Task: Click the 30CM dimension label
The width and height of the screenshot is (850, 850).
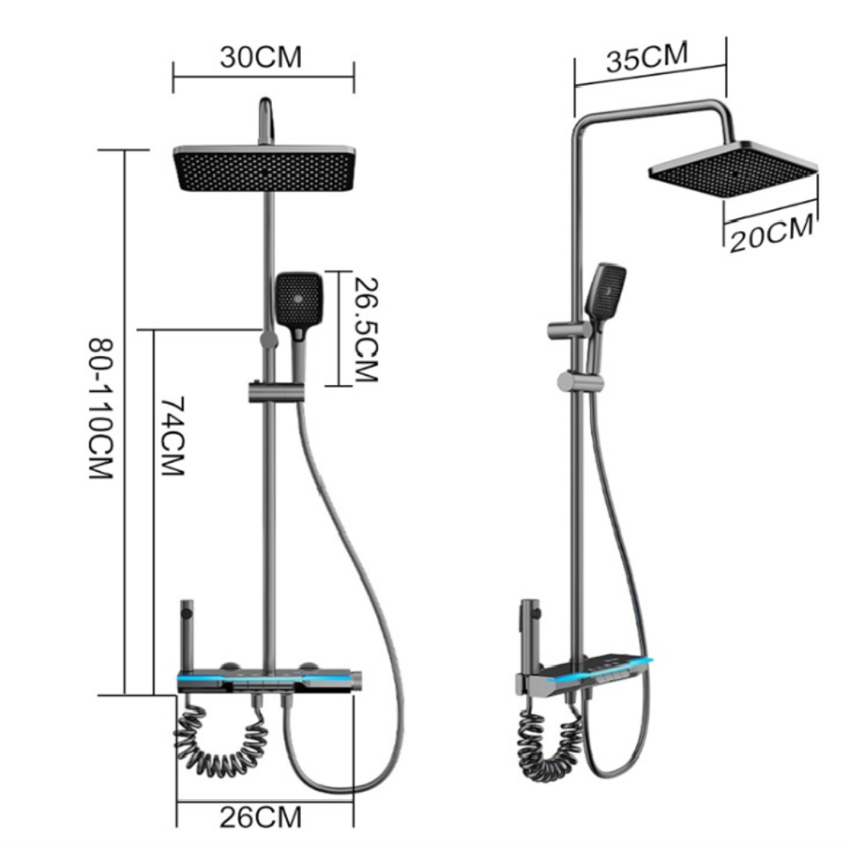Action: [x=261, y=57]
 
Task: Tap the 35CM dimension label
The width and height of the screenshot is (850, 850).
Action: [x=647, y=56]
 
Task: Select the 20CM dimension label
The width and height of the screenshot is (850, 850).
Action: [x=772, y=234]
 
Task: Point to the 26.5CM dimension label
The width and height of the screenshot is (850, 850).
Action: [x=365, y=330]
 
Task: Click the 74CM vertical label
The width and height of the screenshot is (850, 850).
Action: [x=173, y=436]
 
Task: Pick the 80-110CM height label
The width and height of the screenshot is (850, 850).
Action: [x=101, y=410]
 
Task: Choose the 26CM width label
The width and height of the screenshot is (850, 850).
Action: [x=261, y=818]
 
